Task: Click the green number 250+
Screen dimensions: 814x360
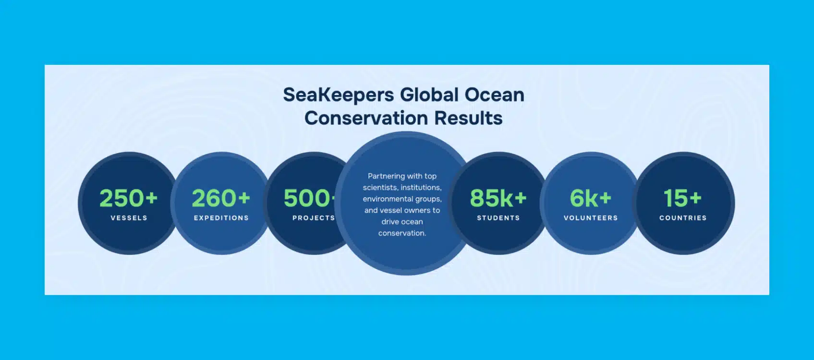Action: coord(129,198)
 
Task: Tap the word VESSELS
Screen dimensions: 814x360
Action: coord(129,218)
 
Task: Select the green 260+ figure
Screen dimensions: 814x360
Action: coord(221,198)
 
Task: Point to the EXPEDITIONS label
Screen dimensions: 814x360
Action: coord(221,218)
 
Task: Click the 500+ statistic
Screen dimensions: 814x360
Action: coord(310,198)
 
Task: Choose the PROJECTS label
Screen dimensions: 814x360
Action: coord(314,218)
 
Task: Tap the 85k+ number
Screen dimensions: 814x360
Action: coord(498,198)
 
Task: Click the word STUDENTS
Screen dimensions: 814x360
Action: coord(498,218)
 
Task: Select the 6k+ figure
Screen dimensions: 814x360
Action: coord(591,198)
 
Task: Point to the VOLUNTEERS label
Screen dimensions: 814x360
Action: coord(591,218)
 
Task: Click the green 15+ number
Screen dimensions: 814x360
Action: coord(683,198)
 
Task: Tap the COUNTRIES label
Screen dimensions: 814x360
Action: coord(683,218)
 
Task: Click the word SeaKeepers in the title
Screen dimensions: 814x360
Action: coord(338,95)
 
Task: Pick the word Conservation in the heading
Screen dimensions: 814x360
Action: coord(366,118)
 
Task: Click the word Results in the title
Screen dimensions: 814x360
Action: coord(468,118)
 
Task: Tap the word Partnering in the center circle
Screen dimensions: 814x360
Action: coord(386,177)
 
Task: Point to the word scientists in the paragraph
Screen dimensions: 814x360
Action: coord(380,188)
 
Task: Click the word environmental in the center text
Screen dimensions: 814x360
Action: coord(388,199)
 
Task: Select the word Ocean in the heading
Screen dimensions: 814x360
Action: coord(495,95)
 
